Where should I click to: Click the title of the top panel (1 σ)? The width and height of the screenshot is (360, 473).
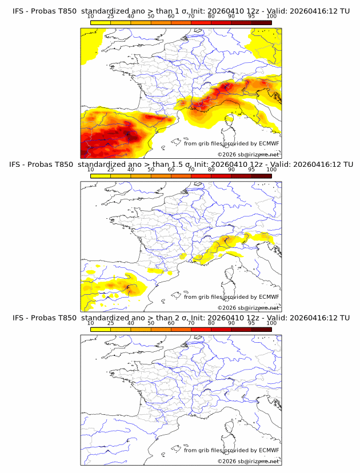click(181, 11)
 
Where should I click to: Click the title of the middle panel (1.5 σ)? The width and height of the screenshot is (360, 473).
click(181, 164)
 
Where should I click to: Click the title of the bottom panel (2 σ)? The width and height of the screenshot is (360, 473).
click(181, 318)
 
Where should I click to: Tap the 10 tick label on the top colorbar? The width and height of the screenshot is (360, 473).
click(90, 17)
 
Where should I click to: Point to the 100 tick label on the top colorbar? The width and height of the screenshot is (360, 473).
click(271, 17)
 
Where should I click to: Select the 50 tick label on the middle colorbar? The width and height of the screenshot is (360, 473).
click(151, 170)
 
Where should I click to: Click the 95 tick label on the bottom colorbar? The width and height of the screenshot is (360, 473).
click(251, 323)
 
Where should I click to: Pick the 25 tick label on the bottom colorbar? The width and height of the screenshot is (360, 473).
click(110, 323)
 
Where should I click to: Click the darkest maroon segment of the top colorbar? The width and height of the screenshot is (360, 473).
click(261, 22)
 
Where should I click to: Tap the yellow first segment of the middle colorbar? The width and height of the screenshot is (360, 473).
click(100, 175)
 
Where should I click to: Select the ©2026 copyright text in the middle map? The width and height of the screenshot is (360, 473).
click(248, 307)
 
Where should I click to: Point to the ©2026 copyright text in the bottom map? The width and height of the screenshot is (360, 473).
click(248, 461)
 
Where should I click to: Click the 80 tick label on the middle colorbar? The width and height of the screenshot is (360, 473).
click(211, 170)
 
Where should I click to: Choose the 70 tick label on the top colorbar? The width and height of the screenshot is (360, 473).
click(191, 17)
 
